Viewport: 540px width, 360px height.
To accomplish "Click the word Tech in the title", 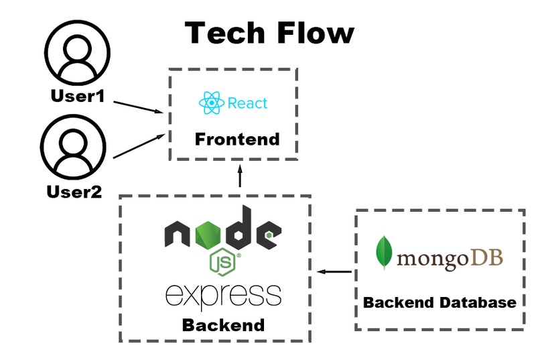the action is point(224,33).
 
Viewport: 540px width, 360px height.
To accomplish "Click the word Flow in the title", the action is point(315,33).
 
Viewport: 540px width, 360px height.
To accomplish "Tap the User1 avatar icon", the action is point(77,53).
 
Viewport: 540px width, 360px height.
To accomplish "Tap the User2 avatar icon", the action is point(73,147).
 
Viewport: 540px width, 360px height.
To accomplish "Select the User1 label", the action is point(78,96).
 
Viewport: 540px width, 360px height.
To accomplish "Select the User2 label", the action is point(74,192).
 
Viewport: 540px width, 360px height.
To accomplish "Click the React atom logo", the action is point(212,103).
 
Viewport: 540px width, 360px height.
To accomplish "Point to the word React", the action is point(247,103).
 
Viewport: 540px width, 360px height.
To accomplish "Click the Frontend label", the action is point(237,139).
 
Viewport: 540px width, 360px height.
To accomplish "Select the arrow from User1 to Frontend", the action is point(138,107).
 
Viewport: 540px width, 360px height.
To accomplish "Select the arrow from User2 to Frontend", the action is point(139,146).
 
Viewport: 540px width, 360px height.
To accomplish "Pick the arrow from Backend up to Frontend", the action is point(240,176).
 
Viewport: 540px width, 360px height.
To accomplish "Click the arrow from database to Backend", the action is point(334,272).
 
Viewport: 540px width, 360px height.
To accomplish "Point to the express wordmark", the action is point(223,296).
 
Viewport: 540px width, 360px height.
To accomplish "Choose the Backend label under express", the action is point(223,325).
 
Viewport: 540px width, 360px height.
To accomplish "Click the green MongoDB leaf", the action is point(384,253).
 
